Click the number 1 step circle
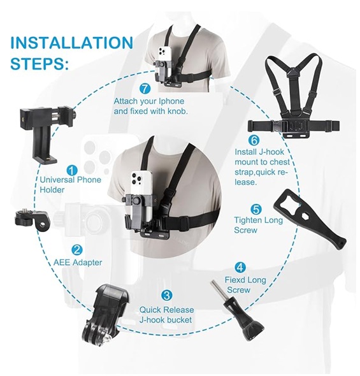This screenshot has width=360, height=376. pyautogui.click(x=72, y=171)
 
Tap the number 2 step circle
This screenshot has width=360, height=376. pyautogui.click(x=76, y=250)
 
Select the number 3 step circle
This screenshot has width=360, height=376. pyautogui.click(x=166, y=295)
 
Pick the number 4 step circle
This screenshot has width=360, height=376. pyautogui.click(x=240, y=267)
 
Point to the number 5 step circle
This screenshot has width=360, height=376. pyautogui.click(x=256, y=209)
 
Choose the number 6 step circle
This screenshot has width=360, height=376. pyautogui.click(x=254, y=140)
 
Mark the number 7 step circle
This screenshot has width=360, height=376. pyautogui.click(x=145, y=89)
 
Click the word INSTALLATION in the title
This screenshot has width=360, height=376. pyautogui.click(x=71, y=43)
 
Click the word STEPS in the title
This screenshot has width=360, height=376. pyautogui.click(x=40, y=64)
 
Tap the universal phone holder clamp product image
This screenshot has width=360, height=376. pyautogui.click(x=48, y=135)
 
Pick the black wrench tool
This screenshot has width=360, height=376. pyautogui.click(x=310, y=219)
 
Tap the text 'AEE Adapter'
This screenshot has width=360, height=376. pyautogui.click(x=78, y=263)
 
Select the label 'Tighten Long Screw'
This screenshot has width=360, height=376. pyautogui.click(x=258, y=225)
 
